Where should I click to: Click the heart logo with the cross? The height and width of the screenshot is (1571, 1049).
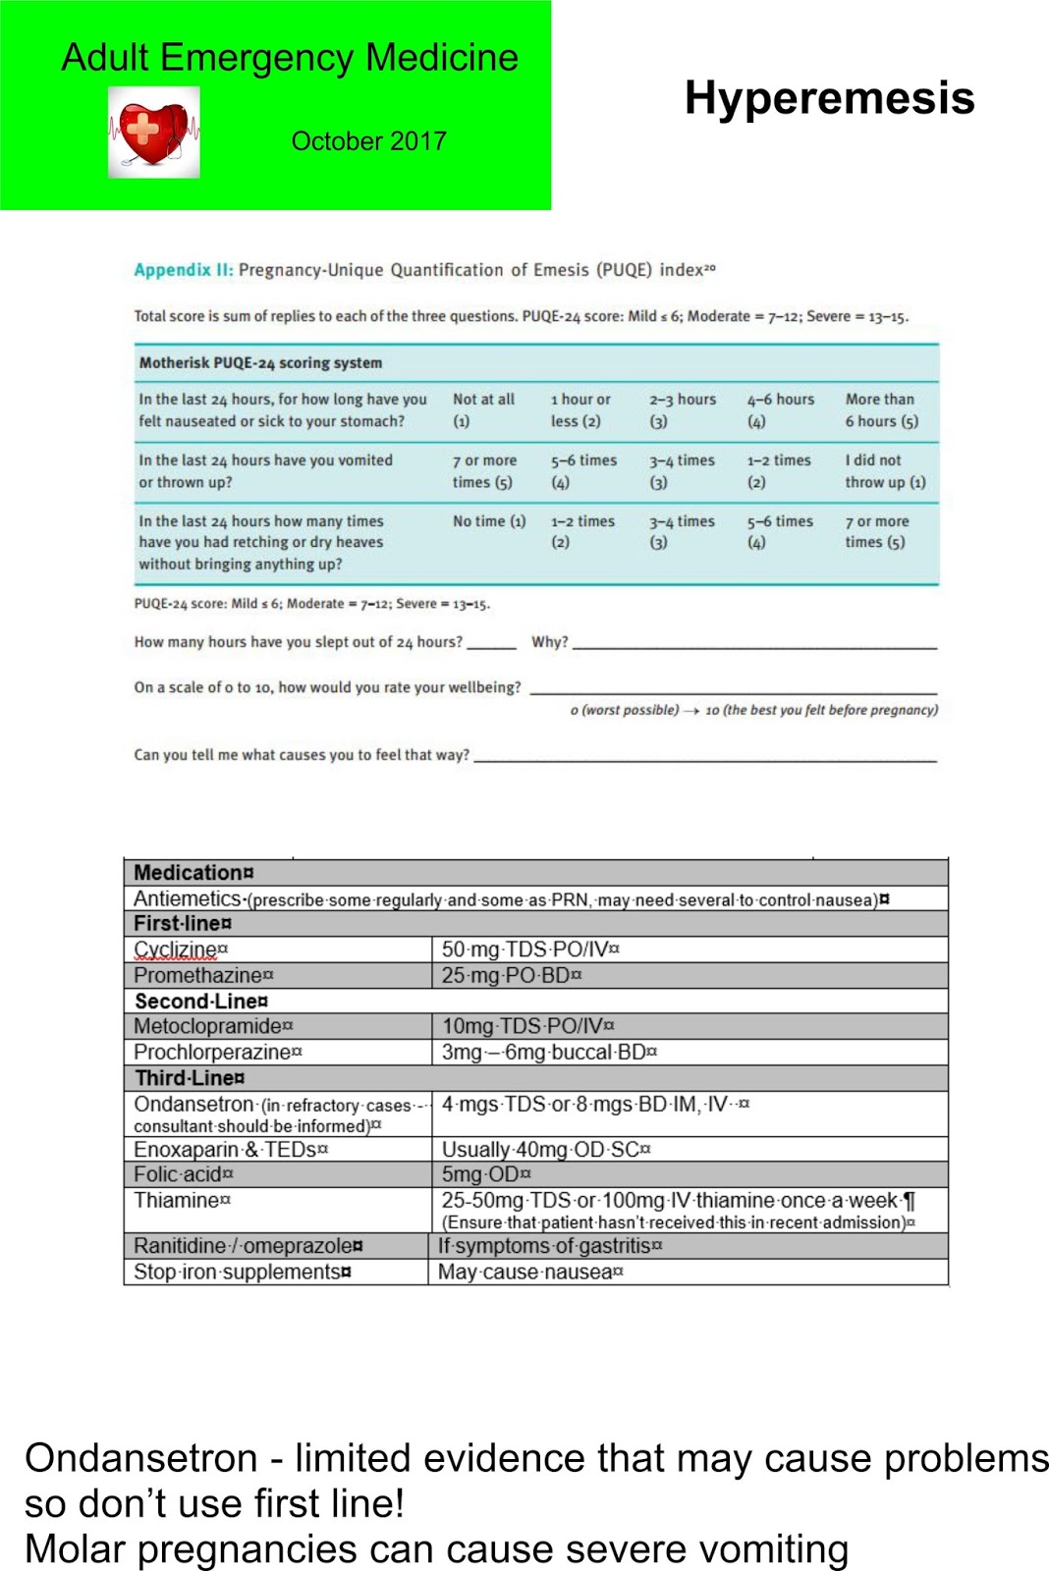pyautogui.click(x=153, y=133)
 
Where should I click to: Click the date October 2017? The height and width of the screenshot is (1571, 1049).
pyautogui.click(x=368, y=141)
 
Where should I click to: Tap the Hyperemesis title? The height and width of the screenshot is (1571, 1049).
pyautogui.click(x=829, y=98)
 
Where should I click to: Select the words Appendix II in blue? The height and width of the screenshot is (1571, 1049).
pyautogui.click(x=183, y=270)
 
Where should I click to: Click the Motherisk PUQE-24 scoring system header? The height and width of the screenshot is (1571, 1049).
pyautogui.click(x=260, y=363)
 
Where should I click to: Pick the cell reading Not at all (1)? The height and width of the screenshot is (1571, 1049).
pyautogui.click(x=482, y=410)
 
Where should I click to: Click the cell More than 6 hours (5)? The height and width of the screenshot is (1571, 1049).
pyautogui.click(x=881, y=410)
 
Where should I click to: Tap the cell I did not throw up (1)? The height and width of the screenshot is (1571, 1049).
pyautogui.click(x=884, y=471)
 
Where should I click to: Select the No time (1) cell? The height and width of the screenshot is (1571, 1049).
pyautogui.click(x=488, y=521)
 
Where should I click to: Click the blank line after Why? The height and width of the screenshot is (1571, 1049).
pyautogui.click(x=754, y=643)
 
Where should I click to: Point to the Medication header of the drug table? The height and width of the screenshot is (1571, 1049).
pyautogui.click(x=193, y=873)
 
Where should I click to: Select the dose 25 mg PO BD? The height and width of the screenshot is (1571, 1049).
pyautogui.click(x=510, y=975)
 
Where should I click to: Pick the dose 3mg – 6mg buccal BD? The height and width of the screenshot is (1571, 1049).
pyautogui.click(x=548, y=1052)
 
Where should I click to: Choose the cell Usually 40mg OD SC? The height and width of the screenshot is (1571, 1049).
pyautogui.click(x=545, y=1150)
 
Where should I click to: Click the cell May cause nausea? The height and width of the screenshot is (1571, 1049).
pyautogui.click(x=529, y=1272)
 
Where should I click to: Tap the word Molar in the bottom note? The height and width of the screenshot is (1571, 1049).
pyautogui.click(x=74, y=1549)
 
